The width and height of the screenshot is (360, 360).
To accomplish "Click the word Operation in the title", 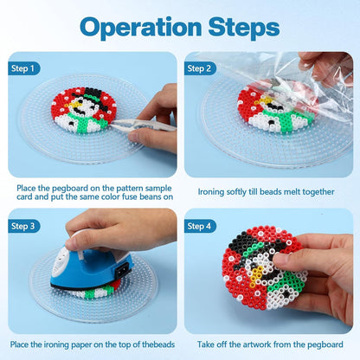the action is click(140, 28).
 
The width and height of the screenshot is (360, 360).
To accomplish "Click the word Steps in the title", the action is click(244, 28).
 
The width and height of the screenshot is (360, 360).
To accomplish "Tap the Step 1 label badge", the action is click(23, 68).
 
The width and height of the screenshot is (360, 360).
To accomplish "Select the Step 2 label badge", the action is click(200, 68).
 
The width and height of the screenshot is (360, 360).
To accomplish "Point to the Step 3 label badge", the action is click(23, 226).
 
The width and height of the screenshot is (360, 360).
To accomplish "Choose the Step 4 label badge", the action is click(200, 226).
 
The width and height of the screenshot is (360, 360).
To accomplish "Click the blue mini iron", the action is click(91, 267).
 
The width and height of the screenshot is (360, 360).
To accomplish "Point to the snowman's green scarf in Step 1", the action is click(87, 122).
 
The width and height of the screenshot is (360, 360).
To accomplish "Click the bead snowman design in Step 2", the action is click(275, 110).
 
